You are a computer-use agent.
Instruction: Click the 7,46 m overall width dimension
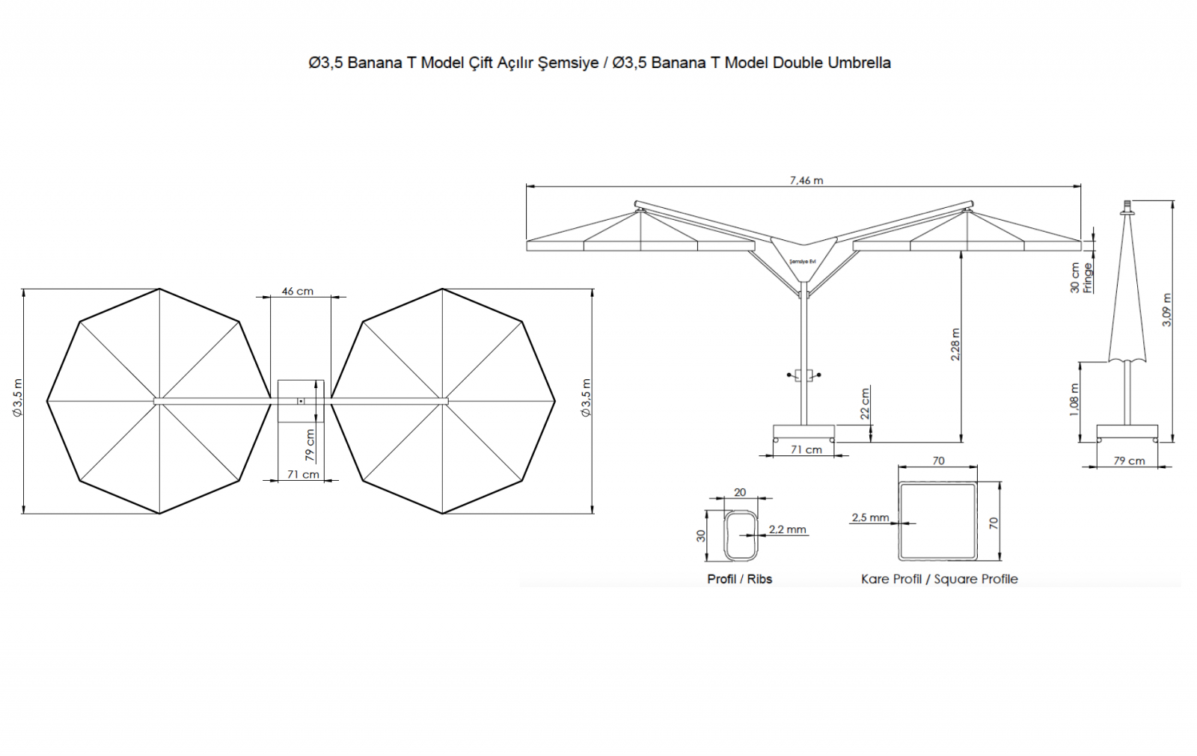point(806,180)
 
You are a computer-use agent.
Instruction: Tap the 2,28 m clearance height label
point(955,344)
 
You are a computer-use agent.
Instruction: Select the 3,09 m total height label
point(1167,310)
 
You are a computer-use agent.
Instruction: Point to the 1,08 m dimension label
point(1074,399)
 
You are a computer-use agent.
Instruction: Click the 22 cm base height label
point(865,403)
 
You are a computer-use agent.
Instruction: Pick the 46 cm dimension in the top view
point(298,291)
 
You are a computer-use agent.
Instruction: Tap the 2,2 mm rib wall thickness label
point(788,529)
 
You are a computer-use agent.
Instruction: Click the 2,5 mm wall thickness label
point(871,517)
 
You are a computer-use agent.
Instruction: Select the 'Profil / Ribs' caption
point(740,580)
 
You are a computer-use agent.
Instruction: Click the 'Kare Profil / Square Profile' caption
point(940,580)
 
